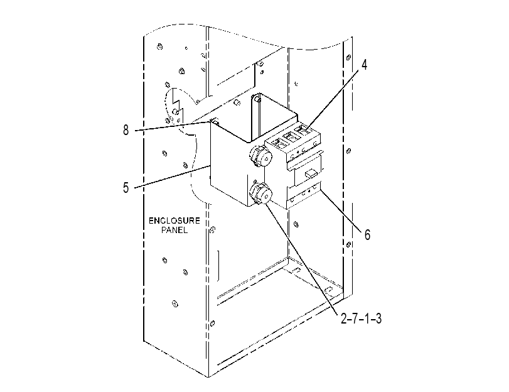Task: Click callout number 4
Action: [364, 65]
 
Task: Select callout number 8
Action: [126, 130]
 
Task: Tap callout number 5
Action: [126, 188]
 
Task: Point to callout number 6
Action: [367, 234]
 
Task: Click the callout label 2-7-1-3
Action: [361, 318]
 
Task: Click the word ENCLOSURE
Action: [174, 220]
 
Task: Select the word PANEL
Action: [174, 230]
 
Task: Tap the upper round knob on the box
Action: [260, 156]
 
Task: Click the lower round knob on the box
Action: [260, 194]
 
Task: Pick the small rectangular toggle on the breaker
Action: [311, 173]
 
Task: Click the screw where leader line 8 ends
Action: [215, 122]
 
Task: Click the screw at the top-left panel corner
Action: [159, 46]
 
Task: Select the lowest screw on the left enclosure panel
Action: [175, 304]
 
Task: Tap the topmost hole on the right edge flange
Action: [348, 57]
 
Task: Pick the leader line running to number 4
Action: [334, 101]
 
